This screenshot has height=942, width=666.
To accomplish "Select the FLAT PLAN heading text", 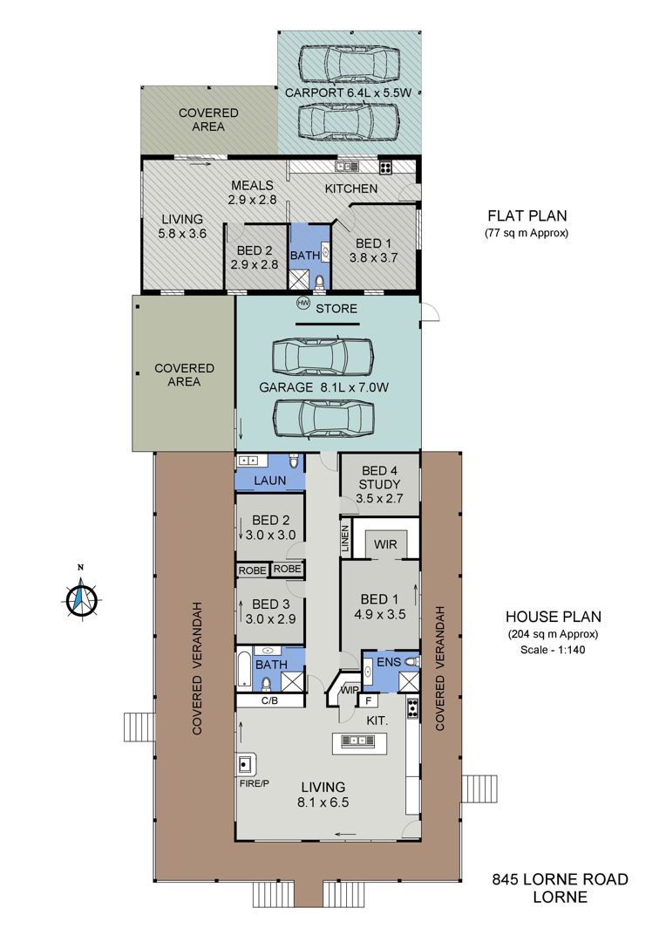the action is [527, 215].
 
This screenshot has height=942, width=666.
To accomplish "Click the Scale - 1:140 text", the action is [553, 650].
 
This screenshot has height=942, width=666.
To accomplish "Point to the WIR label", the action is [385, 544].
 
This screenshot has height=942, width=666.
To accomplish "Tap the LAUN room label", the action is [270, 481].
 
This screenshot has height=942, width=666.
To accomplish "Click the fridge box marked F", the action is [368, 700].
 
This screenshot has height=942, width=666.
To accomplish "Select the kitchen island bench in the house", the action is [360, 743].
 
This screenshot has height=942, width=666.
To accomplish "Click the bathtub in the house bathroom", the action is [244, 668].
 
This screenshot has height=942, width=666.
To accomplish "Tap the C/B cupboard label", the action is [269, 700].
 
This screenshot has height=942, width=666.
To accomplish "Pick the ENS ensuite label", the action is [389, 662].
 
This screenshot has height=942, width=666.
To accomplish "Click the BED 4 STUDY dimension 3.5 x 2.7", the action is [379, 498].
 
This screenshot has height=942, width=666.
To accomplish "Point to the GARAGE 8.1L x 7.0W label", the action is [323, 387].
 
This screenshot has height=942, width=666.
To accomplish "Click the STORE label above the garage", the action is [336, 309].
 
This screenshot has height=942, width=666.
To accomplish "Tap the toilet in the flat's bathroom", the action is [319, 281].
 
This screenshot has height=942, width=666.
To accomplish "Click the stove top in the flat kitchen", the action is [385, 167].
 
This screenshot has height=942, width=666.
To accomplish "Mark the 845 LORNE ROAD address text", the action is [561, 879].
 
